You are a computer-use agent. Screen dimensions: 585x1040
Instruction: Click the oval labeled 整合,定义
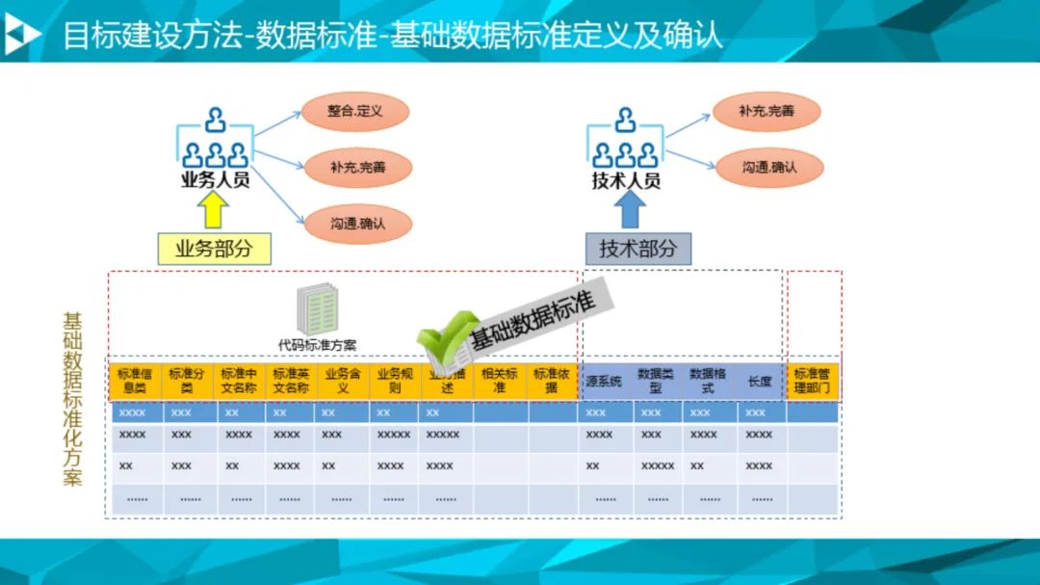point(355,112)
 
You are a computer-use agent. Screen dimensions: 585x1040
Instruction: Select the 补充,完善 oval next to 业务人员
point(357,168)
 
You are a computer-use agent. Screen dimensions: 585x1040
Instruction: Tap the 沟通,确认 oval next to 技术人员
point(768,167)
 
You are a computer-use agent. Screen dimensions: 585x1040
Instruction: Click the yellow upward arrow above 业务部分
point(214,209)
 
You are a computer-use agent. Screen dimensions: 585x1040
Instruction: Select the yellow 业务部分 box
point(214,249)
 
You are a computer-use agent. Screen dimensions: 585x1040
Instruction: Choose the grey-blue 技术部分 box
point(637,249)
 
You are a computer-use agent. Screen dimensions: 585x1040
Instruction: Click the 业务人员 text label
point(215,179)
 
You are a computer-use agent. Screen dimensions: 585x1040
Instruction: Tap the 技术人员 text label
point(626,180)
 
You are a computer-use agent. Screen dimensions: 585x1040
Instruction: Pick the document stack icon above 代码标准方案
point(317,310)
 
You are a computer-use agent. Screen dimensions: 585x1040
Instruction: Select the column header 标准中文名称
point(239,381)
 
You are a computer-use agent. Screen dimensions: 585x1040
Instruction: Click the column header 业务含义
point(342,381)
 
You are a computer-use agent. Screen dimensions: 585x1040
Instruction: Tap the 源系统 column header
point(604,382)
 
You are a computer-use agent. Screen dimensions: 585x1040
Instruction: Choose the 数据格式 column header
point(708,381)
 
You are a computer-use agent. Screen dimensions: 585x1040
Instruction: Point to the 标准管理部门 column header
point(812,381)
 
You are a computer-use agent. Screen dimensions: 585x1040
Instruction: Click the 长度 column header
point(760,382)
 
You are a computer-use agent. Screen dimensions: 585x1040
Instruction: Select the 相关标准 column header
point(499,381)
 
